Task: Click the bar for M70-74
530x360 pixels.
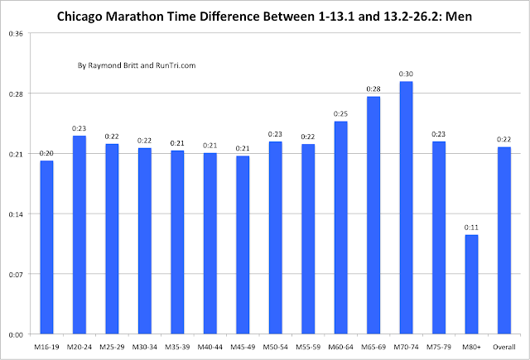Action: pyautogui.click(x=406, y=208)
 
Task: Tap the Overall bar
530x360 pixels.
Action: pyautogui.click(x=503, y=240)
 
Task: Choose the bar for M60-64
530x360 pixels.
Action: pyautogui.click(x=340, y=228)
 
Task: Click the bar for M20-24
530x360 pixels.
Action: pyautogui.click(x=79, y=234)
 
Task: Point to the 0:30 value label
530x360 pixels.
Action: pyautogui.click(x=406, y=74)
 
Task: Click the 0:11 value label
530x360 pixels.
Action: pyautogui.click(x=471, y=228)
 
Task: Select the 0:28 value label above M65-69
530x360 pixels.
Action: pyautogui.click(x=373, y=89)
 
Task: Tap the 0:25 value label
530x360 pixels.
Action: pyautogui.click(x=340, y=113)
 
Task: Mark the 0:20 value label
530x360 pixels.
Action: pyautogui.click(x=46, y=153)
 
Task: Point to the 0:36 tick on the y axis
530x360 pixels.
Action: pyautogui.click(x=16, y=33)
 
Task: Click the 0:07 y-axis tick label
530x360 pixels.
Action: pyautogui.click(x=16, y=274)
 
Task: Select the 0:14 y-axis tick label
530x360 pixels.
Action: pyautogui.click(x=16, y=214)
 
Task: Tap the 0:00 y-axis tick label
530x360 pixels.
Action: pyautogui.click(x=16, y=334)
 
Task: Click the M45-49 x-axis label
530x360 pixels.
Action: pyautogui.click(x=243, y=347)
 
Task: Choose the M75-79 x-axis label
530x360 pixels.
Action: pyautogui.click(x=439, y=347)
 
